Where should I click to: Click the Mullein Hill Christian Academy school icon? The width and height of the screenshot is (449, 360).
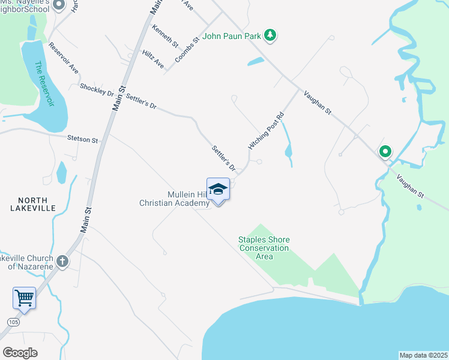(x=218, y=190)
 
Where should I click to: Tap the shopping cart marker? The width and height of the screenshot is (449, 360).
(x=24, y=298)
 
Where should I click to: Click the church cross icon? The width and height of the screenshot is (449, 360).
(x=62, y=261)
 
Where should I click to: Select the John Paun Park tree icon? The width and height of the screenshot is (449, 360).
(x=271, y=35)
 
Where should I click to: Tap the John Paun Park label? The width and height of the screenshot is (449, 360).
(x=232, y=36)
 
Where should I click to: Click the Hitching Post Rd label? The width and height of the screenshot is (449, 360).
(x=265, y=130)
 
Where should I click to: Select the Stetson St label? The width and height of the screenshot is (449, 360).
(x=83, y=139)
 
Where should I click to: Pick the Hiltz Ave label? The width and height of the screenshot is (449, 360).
(x=153, y=59)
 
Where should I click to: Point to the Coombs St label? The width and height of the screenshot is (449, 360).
(x=187, y=50)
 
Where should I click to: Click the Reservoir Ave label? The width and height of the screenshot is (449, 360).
(x=64, y=58)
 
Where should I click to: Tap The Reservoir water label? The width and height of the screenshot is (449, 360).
(x=44, y=84)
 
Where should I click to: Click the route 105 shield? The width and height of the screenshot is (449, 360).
(x=13, y=322)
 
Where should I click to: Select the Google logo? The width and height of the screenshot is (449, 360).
(x=20, y=352)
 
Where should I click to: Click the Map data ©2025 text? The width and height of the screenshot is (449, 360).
(x=423, y=355)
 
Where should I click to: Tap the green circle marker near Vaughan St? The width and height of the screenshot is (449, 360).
(x=384, y=152)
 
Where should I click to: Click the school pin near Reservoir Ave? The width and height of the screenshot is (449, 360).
(x=59, y=5)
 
